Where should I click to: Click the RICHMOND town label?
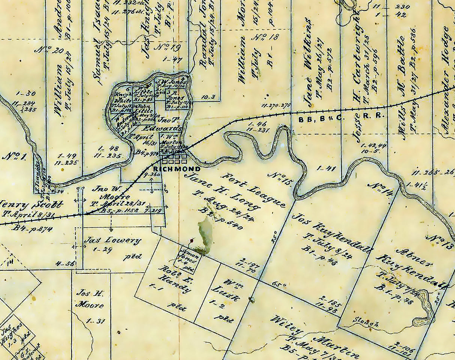coord(177,169)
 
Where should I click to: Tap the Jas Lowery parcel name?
coord(112,240)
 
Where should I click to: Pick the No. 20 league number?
coord(47,50)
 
